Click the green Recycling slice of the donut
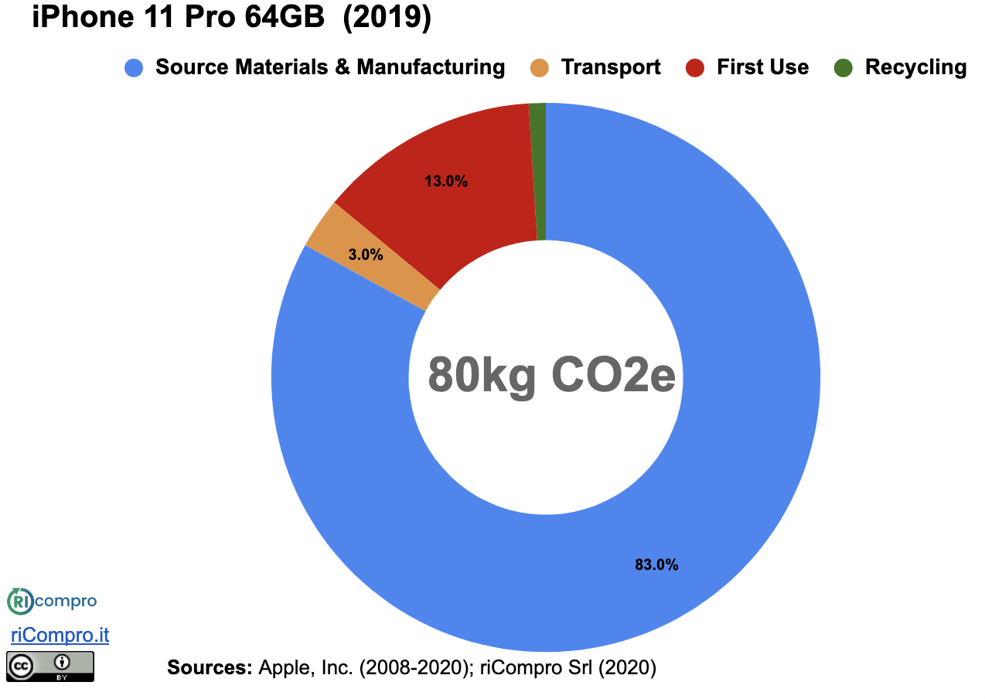[x=538, y=170]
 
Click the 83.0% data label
[x=656, y=565]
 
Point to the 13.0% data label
[x=446, y=182]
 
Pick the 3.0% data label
[x=366, y=254]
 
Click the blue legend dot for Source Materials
[x=134, y=68]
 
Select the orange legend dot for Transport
[x=540, y=68]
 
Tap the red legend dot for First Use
[x=695, y=68]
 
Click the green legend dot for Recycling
[x=843, y=68]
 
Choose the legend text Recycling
[x=915, y=68]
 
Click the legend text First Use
[x=762, y=68]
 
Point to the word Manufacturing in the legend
[x=431, y=68]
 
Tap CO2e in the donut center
[x=613, y=376]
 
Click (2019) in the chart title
[x=386, y=17]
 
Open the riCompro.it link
[x=60, y=636]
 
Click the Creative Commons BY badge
[x=50, y=666]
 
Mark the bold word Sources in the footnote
[x=210, y=667]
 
